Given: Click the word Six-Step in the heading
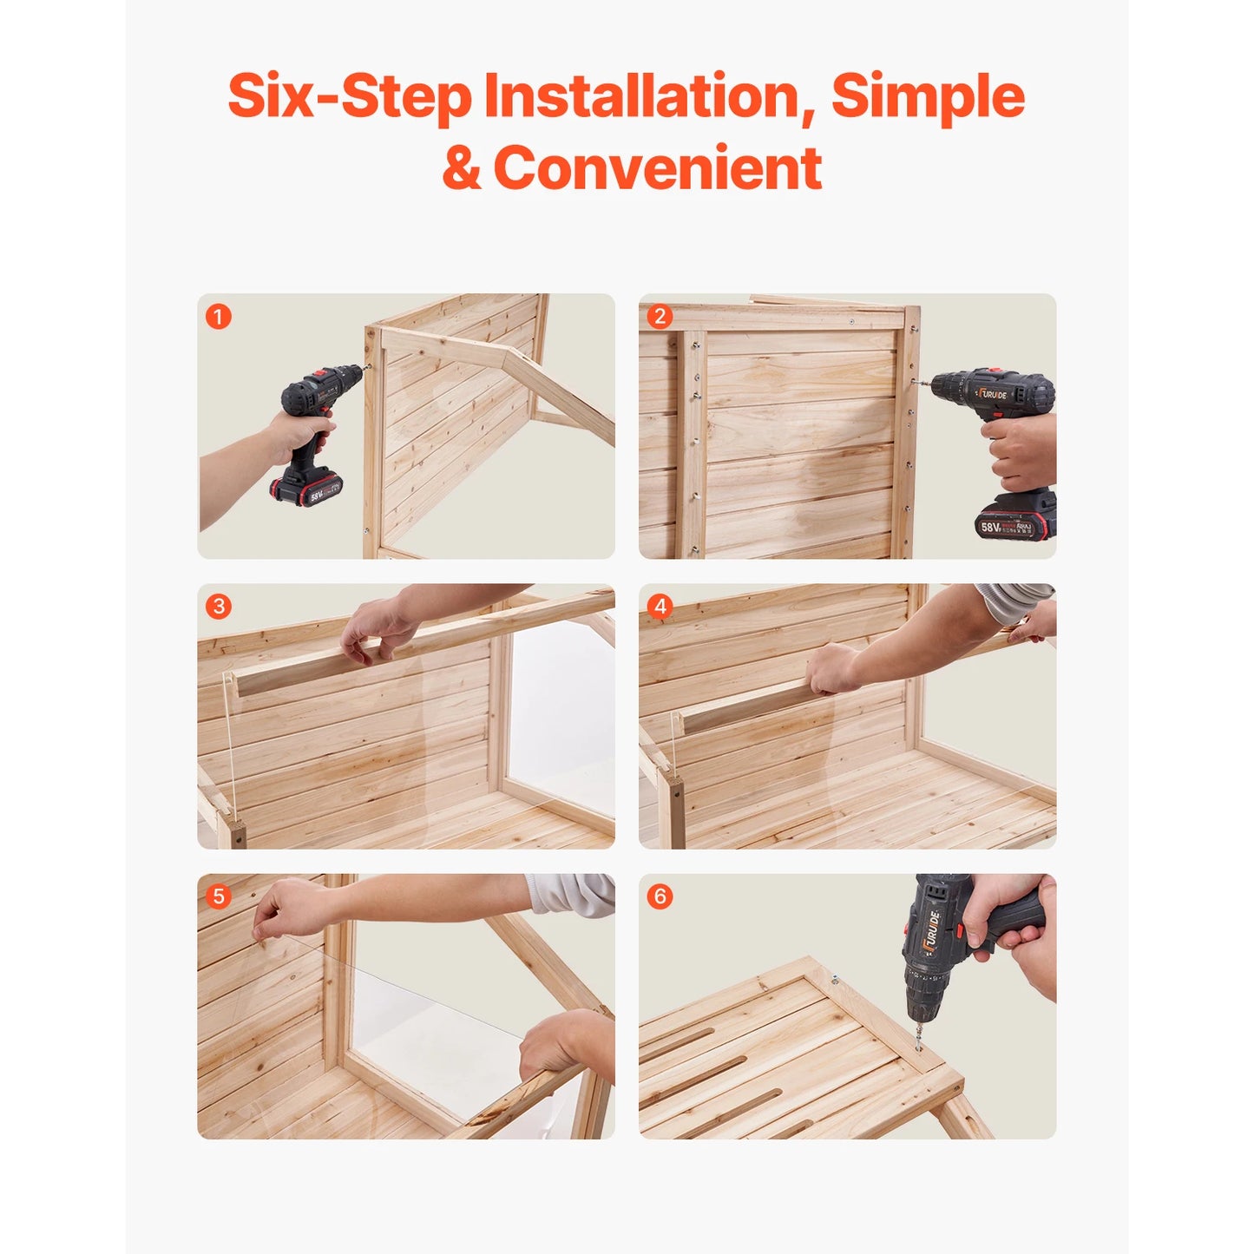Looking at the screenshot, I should pyautogui.click(x=349, y=95).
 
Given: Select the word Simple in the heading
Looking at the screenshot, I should pyautogui.click(x=927, y=97).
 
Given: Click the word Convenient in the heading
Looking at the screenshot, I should pyautogui.click(x=658, y=168).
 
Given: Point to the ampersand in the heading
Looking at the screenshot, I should pyautogui.click(x=461, y=169).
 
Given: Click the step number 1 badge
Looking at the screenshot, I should pyautogui.click(x=218, y=317).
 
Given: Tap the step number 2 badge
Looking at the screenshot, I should pyautogui.click(x=660, y=317).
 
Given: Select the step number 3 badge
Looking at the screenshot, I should pyautogui.click(x=218, y=607).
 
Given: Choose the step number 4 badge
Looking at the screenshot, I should pyautogui.click(x=660, y=607).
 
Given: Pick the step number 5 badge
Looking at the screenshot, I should pyautogui.click(x=218, y=896).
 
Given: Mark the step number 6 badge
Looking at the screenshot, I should pyautogui.click(x=660, y=896).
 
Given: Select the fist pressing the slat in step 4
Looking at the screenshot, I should pyautogui.click(x=831, y=668).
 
